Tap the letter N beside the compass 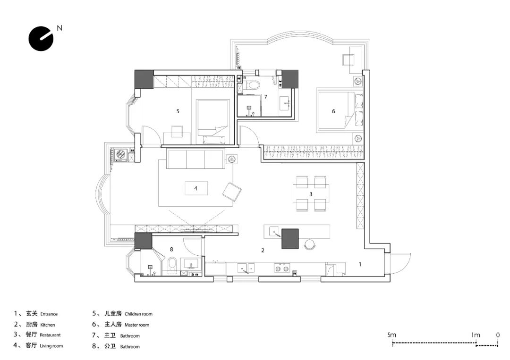click(59, 28)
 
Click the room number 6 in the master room click(333, 111)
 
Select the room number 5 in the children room click(178, 111)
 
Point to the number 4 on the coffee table click(196, 188)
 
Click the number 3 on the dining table click(311, 194)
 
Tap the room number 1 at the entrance click(360, 264)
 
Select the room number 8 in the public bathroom click(171, 249)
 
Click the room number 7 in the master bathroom click(266, 97)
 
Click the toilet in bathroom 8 click(172, 265)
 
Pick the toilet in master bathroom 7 click(252, 85)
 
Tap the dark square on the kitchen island click(290, 239)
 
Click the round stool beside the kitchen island click(310, 244)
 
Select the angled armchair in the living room click(232, 192)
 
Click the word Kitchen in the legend click(48, 325)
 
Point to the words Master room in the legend click(137, 325)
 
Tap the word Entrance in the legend click(49, 314)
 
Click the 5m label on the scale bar click(391, 335)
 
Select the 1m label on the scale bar click(476, 335)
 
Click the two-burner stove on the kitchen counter click(282, 268)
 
